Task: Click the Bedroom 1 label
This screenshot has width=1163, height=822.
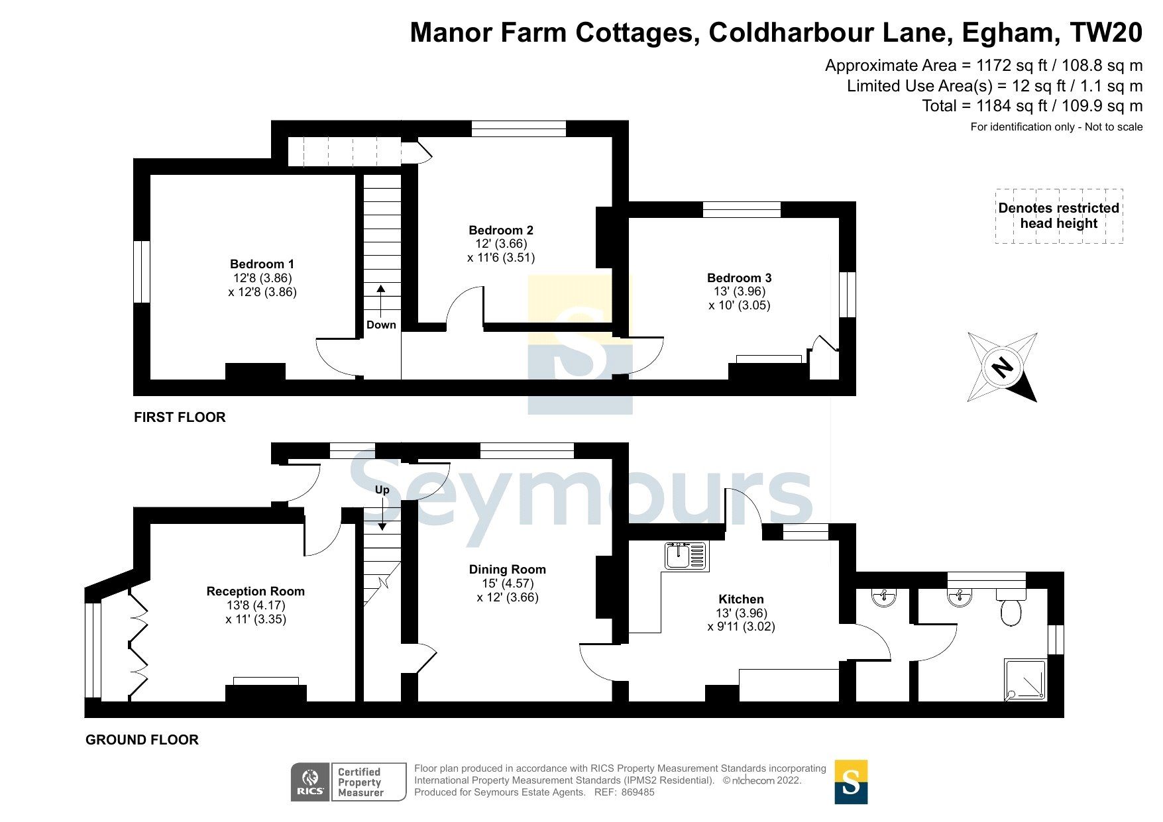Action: (x=262, y=264)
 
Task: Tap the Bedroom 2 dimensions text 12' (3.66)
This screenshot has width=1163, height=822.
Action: (x=501, y=244)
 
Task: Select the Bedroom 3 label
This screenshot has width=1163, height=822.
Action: (x=739, y=278)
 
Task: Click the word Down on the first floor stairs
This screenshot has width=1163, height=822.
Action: (x=381, y=325)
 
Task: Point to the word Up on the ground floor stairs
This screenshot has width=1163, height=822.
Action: (x=382, y=490)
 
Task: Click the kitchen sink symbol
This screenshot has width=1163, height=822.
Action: (x=687, y=556)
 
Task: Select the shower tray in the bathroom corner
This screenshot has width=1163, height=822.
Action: (x=1025, y=679)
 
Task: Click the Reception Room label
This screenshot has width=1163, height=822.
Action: (x=255, y=591)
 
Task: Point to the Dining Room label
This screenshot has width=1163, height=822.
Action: (x=507, y=569)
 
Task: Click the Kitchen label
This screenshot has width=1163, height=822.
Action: (x=741, y=599)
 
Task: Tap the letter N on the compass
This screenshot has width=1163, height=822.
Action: (x=1002, y=367)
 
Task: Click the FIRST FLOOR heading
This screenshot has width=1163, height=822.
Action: (x=180, y=417)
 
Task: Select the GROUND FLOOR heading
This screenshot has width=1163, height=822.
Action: (x=142, y=740)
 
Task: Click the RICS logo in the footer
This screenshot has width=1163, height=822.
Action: (x=310, y=782)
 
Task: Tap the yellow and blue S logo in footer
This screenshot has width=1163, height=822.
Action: (x=850, y=782)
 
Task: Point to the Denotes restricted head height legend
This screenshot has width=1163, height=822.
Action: (x=1058, y=216)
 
